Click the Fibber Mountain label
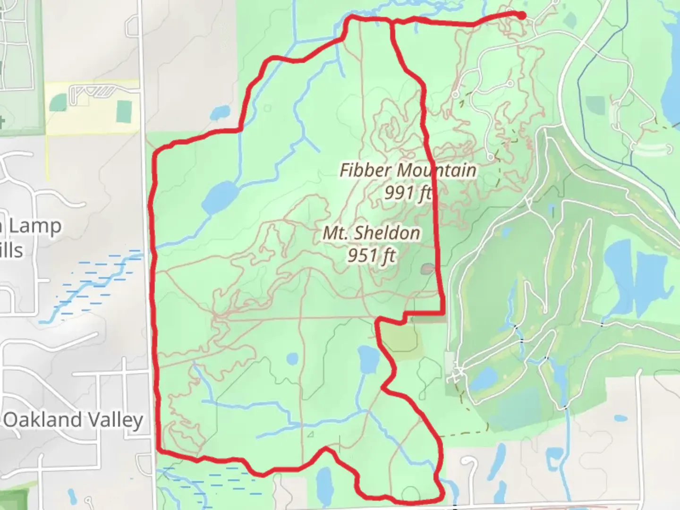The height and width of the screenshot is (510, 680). click(408, 170)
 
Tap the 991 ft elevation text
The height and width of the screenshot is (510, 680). click(408, 193)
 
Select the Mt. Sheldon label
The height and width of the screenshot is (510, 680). click(371, 233)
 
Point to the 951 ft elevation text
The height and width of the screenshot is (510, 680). click(371, 255)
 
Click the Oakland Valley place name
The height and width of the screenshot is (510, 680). click(73, 420)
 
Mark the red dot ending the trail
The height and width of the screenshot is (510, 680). click(521, 16)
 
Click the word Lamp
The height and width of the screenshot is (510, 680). click(34, 227)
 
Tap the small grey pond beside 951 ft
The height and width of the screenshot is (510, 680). click(427, 269)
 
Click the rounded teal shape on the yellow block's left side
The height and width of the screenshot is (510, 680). click(58, 102)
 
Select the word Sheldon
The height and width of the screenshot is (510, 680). click(389, 233)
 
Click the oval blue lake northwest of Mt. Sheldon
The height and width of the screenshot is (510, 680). click(220, 197)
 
